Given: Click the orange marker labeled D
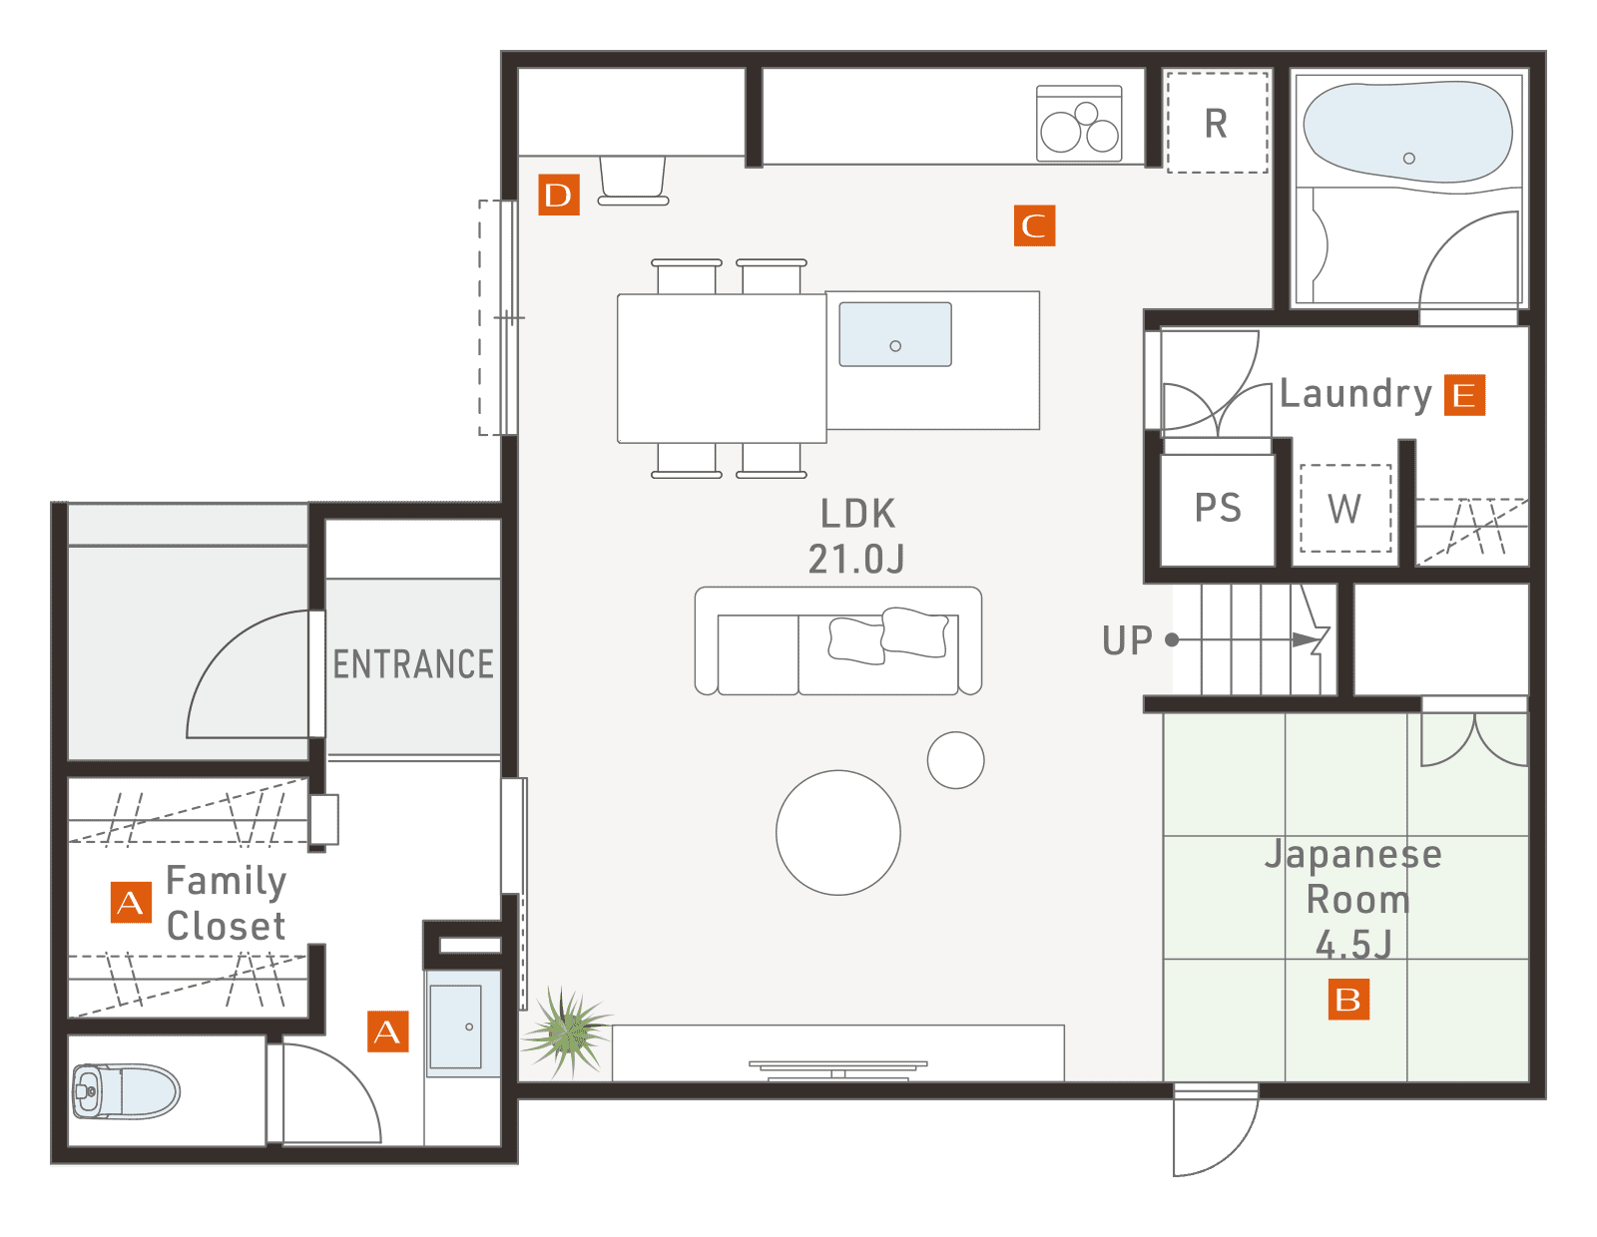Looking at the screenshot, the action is (559, 195).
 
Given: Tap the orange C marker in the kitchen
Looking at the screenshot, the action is (1034, 225).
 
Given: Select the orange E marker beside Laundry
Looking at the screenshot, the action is (1464, 395).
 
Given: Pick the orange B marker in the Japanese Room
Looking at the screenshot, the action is (1347, 999).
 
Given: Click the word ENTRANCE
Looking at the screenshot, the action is (413, 664).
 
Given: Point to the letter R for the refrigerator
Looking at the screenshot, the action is (1216, 124).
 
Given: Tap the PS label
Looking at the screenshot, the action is (1218, 508).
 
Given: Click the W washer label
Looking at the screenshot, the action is (1344, 509).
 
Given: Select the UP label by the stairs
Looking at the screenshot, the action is (1127, 640).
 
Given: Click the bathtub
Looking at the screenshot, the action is (1407, 133).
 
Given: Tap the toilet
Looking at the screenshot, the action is (126, 1090).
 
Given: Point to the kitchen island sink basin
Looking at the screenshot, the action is (895, 334).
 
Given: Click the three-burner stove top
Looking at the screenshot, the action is (1079, 124).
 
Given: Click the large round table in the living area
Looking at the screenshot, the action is (837, 832).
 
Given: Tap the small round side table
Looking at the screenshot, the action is (955, 760).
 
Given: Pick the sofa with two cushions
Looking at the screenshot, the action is (837, 640).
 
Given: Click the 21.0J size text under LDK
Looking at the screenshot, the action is (856, 560).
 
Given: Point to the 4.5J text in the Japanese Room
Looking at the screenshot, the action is (1353, 945).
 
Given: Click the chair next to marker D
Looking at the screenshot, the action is (633, 180).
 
